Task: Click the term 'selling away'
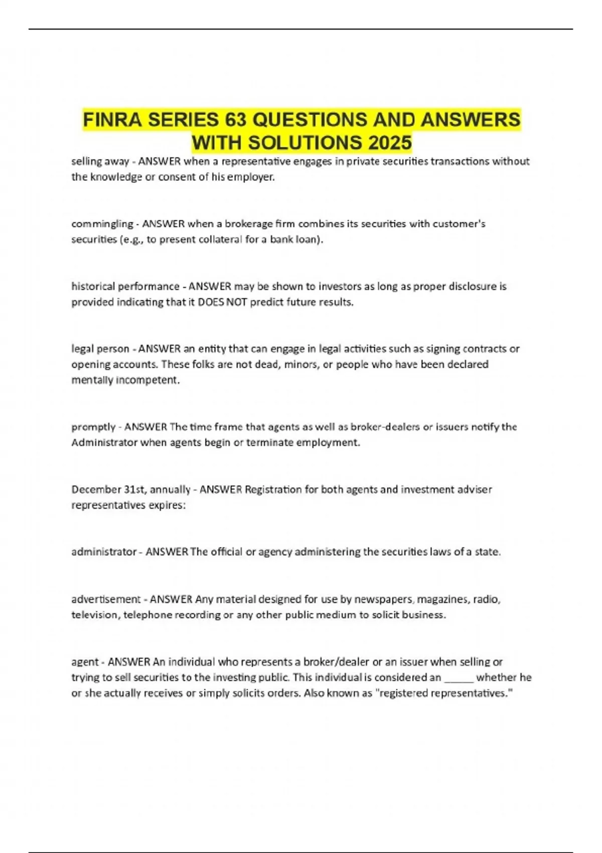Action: pos(100,162)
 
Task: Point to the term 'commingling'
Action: pos(102,224)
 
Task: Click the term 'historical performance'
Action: pos(125,287)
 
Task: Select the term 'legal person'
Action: pos(100,349)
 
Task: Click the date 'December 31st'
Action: pos(106,489)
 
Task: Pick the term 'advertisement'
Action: pos(105,599)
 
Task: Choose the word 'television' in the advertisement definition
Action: pos(95,615)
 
